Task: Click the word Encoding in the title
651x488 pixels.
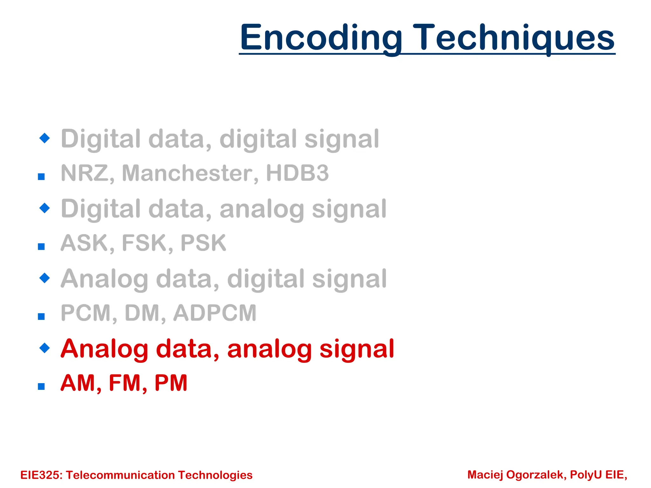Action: coord(321,38)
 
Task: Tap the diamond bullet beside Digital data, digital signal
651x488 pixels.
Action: coord(45,138)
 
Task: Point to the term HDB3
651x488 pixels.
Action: coord(297,173)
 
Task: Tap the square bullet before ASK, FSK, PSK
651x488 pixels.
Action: coord(41,247)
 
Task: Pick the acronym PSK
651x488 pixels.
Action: coord(203,243)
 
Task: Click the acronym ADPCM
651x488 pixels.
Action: coord(215,313)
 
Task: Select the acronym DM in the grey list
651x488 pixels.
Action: coord(143,313)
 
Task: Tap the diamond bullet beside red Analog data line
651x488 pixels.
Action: coord(45,348)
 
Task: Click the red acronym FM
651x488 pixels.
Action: coord(125,383)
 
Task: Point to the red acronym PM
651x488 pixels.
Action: coord(171,383)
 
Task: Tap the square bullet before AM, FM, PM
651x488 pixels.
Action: coord(41,386)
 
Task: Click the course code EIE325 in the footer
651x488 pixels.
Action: coord(41,475)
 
